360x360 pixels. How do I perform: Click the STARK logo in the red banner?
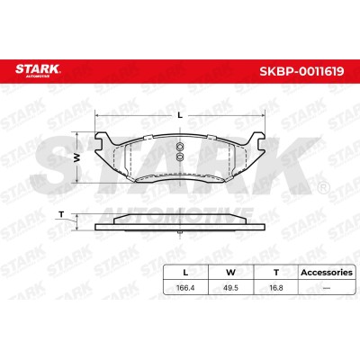[x=38, y=70]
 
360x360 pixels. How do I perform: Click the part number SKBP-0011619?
[x=301, y=72]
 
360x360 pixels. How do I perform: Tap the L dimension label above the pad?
[x=180, y=115]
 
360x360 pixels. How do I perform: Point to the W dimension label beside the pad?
[x=77, y=157]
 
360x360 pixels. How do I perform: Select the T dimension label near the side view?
[x=61, y=214]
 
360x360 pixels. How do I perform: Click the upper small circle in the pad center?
[x=180, y=147]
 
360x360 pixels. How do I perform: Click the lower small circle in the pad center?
[x=180, y=157]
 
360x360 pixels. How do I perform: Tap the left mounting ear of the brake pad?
[x=103, y=142]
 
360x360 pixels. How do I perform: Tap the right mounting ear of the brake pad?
[x=257, y=142]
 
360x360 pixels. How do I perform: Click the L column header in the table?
[x=185, y=273]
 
